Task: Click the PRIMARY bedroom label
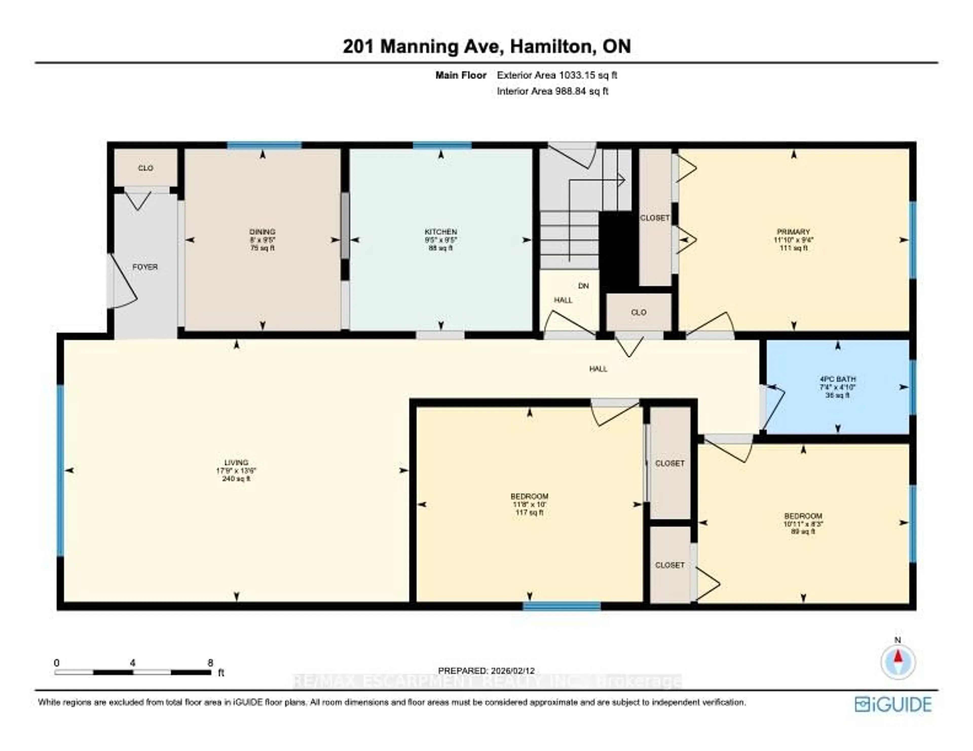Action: point(793,232)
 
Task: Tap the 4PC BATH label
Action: point(837,379)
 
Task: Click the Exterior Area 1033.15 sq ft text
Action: point(557,75)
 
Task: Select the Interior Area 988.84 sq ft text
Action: point(552,91)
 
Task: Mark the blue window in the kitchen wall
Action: point(442,145)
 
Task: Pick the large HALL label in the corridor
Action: point(598,369)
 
